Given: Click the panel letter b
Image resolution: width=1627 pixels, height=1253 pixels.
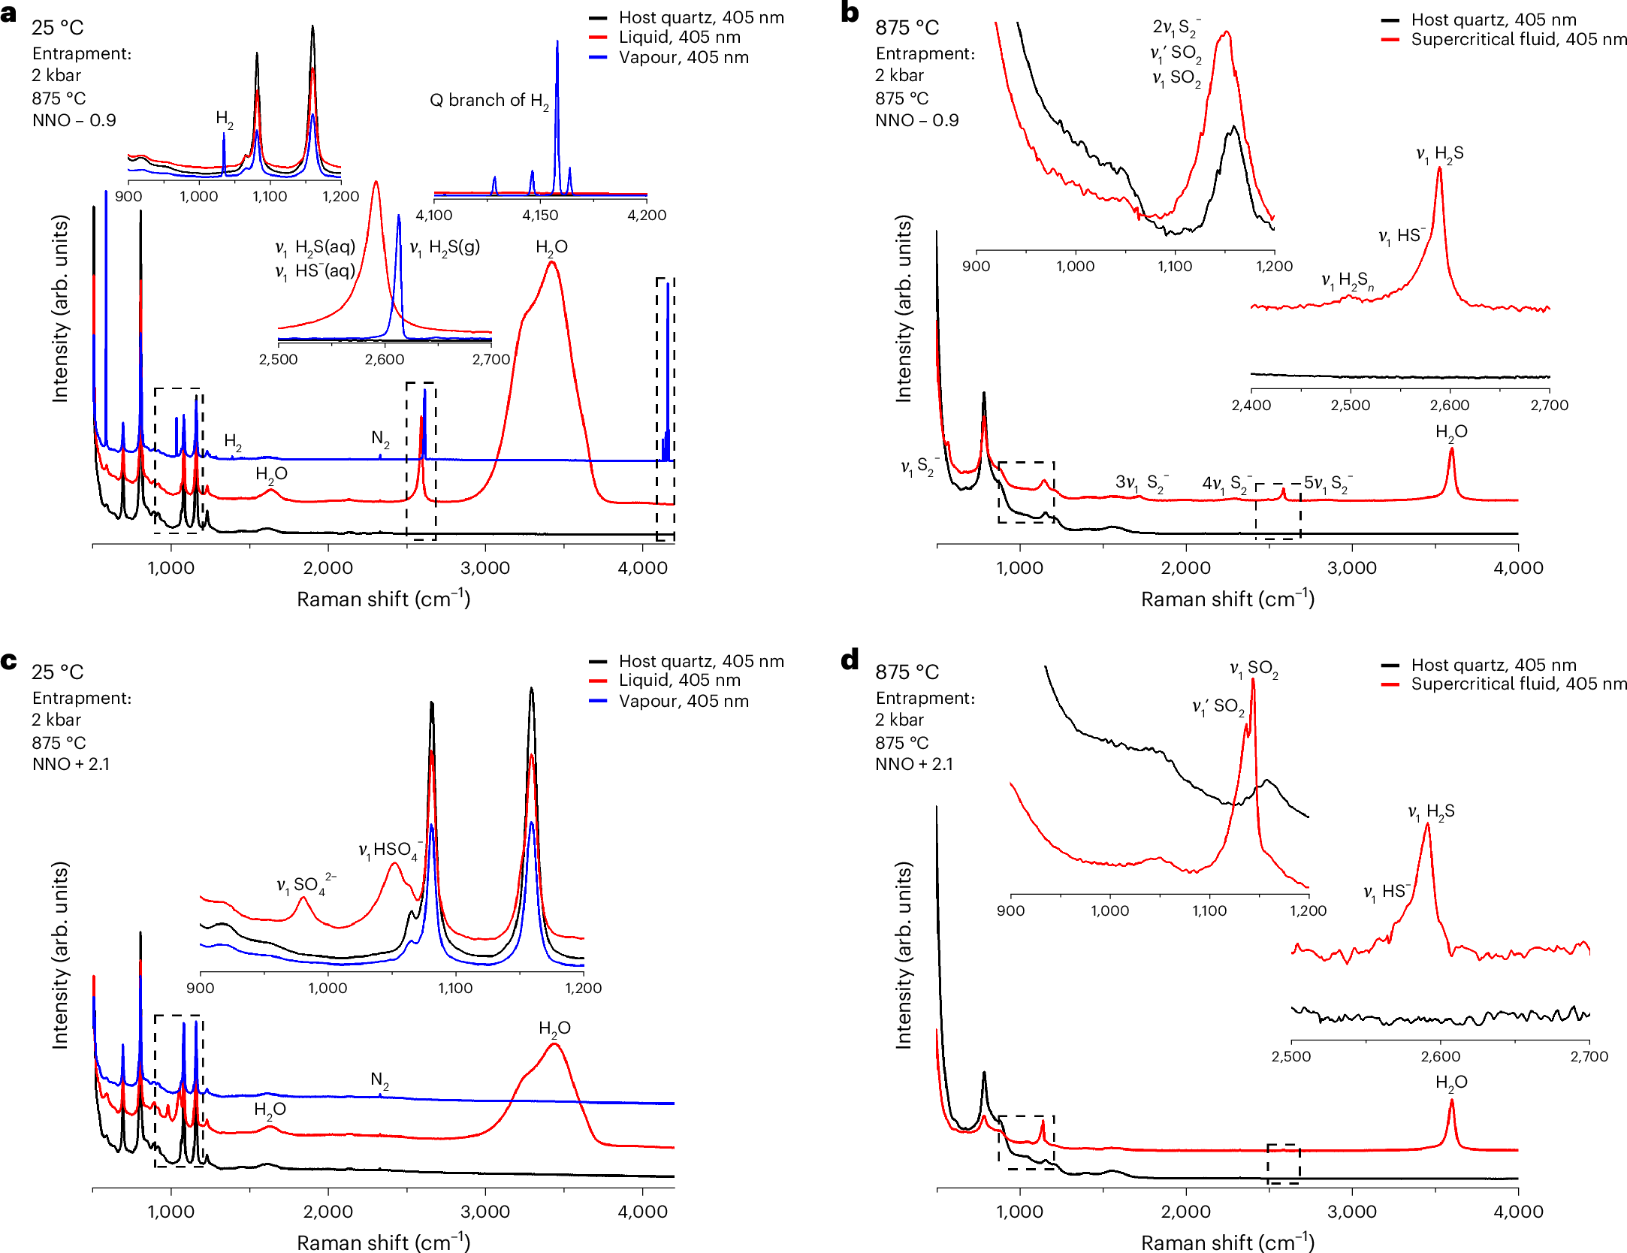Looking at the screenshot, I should click(x=850, y=13).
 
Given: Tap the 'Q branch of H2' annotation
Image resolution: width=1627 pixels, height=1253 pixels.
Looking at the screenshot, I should click(x=488, y=101).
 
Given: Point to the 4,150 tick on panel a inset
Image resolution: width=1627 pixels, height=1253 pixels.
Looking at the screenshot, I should click(x=540, y=216).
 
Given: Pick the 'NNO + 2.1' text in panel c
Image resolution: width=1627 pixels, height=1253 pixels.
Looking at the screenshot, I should click(x=71, y=765).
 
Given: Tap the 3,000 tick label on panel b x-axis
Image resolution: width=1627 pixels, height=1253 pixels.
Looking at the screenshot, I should click(x=1351, y=569).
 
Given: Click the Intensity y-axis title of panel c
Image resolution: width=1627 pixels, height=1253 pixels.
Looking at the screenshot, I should click(x=60, y=955).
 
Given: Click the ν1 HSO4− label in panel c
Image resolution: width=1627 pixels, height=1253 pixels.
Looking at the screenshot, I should click(x=389, y=850).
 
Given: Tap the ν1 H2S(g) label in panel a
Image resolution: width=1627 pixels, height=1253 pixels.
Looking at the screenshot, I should click(x=445, y=248).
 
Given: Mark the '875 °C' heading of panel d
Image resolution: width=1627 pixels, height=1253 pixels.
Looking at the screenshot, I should click(x=907, y=672).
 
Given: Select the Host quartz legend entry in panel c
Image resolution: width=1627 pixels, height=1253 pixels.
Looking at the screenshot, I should click(x=701, y=662).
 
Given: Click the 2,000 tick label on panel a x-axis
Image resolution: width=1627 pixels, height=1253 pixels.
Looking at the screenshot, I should click(x=328, y=569).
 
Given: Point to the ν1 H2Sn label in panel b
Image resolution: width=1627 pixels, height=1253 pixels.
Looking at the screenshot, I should click(x=1348, y=282).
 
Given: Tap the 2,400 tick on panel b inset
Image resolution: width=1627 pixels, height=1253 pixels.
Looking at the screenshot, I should click(x=1251, y=406).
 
